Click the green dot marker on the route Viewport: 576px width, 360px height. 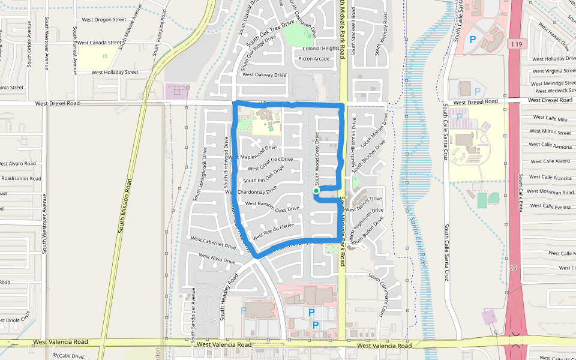coord(316,191)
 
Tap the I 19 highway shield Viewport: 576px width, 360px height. coord(516,44)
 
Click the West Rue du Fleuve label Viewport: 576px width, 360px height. coord(272,231)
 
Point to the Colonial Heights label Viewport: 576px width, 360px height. coord(321,49)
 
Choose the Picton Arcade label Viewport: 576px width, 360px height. coord(314,59)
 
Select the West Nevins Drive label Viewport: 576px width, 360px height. coord(364,199)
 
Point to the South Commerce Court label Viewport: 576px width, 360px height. coord(377,295)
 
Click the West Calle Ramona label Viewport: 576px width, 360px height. coord(551,147)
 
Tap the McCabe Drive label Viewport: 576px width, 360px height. coord(67,356)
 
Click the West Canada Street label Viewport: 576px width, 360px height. coord(100,43)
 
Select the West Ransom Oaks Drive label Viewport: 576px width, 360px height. coord(272,206)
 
